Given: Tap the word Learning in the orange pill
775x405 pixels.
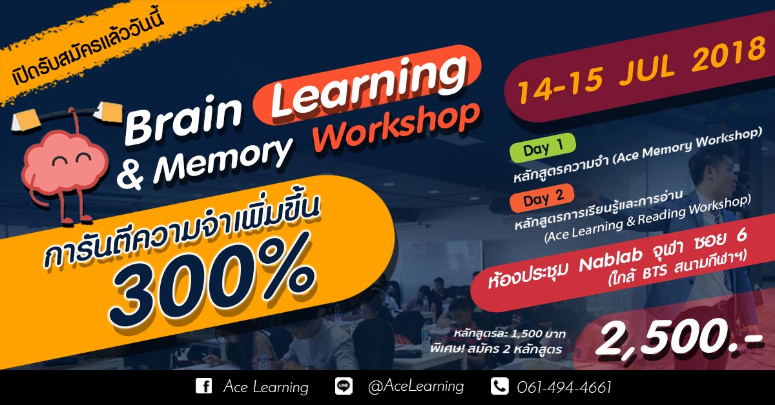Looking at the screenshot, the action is point(369,85).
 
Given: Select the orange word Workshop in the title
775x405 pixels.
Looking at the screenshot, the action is point(397,128).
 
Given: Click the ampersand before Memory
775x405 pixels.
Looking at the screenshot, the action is point(130,174).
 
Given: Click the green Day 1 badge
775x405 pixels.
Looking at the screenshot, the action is point(543,148).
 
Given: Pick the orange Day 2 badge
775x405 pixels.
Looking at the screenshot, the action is point(542,198).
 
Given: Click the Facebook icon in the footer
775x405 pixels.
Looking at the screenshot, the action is point(204,386).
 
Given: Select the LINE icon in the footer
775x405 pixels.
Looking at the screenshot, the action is point(344,386).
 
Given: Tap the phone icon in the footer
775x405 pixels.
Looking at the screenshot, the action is point(500,386).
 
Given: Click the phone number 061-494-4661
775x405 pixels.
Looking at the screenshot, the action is point(564,387).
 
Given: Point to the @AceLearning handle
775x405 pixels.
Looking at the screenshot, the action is point(415,386).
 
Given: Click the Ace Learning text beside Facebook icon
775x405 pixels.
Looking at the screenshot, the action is point(265,387).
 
